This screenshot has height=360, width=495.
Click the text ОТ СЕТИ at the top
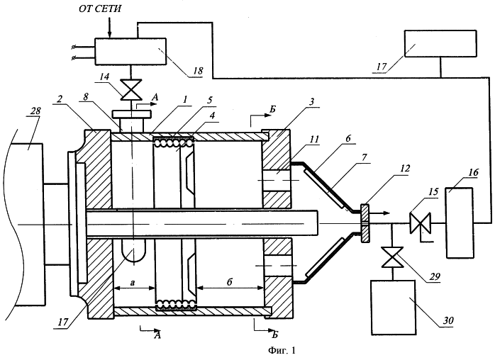point(100,9)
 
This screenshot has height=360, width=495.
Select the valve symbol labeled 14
point(130,90)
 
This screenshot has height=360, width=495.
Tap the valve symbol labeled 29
point(391,257)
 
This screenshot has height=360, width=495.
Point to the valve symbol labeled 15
point(420,223)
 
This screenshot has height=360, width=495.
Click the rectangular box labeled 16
point(460,223)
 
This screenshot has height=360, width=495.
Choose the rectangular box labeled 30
point(394,308)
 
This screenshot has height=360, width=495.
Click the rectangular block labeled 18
point(130,52)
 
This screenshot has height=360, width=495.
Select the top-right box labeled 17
point(440,43)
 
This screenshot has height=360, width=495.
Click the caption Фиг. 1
point(282,350)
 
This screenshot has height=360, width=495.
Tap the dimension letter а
point(133,283)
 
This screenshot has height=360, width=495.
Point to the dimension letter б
point(230,282)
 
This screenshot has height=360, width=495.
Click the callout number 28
point(35,111)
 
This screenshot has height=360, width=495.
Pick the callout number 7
point(365,157)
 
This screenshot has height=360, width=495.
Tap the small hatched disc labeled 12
point(365,223)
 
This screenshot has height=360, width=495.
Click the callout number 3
point(311,102)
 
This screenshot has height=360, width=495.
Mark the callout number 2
point(60,99)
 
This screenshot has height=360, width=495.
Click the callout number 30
point(448,320)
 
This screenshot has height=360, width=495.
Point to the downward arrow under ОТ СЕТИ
point(109,28)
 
